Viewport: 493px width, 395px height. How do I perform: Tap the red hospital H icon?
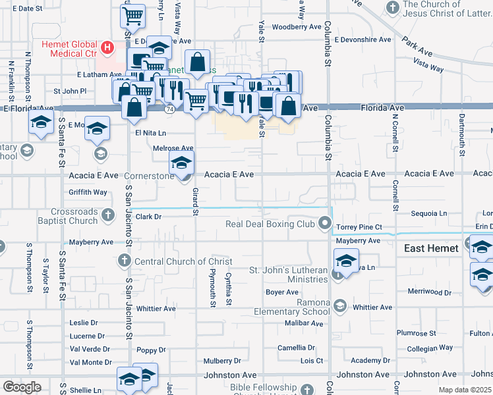[107, 48]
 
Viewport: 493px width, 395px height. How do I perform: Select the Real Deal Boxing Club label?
[270, 224]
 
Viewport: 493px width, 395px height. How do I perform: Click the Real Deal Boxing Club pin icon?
[324, 224]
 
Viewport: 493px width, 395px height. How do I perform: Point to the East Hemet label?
[430, 248]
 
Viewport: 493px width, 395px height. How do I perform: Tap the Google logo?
[22, 387]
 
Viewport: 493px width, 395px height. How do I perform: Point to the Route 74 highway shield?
[170, 109]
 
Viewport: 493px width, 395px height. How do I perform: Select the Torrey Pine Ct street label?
[359, 227]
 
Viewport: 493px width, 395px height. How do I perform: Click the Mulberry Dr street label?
[222, 361]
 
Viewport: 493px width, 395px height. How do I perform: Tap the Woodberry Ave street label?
[296, 27]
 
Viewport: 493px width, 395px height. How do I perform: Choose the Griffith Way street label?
[88, 192]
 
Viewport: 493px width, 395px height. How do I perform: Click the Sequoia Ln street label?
[428, 213]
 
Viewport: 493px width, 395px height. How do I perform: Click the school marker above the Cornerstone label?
[182, 161]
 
